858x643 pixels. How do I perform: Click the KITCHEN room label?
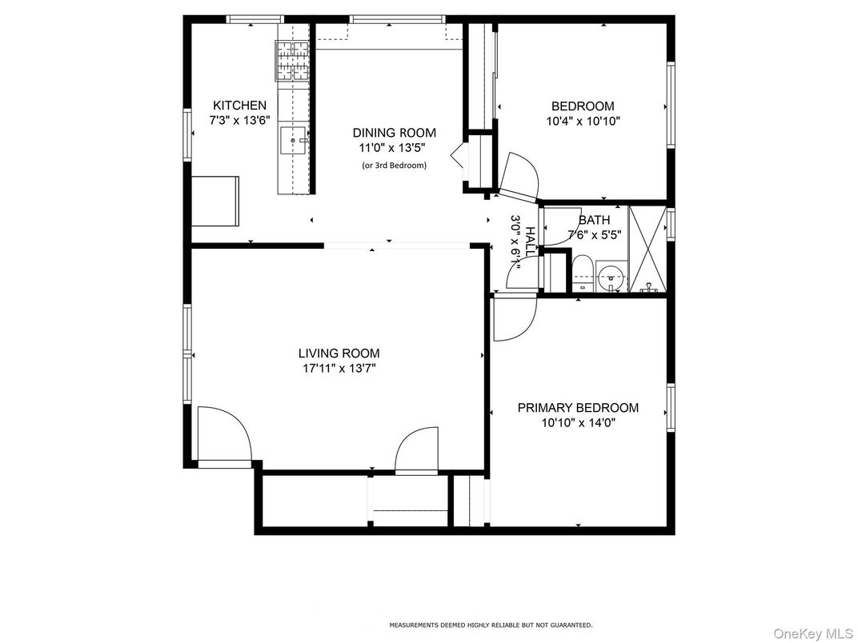tap(239, 106)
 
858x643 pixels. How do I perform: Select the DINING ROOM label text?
tap(394, 133)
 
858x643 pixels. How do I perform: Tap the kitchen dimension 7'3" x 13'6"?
tap(239, 121)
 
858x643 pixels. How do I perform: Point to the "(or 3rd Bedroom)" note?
tap(394, 166)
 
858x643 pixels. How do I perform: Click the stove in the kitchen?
tap(293, 61)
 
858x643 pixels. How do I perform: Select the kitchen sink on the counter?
tap(294, 140)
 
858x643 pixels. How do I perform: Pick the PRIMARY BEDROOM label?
tap(578, 408)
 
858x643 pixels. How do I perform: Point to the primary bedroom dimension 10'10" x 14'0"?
tap(578, 423)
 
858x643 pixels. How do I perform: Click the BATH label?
tap(594, 220)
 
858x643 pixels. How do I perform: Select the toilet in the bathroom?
tap(582, 272)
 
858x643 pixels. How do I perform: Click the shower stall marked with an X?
tap(648, 248)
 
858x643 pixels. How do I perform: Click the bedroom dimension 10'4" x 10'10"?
tap(583, 122)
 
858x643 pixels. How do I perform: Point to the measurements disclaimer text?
tap(490, 625)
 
